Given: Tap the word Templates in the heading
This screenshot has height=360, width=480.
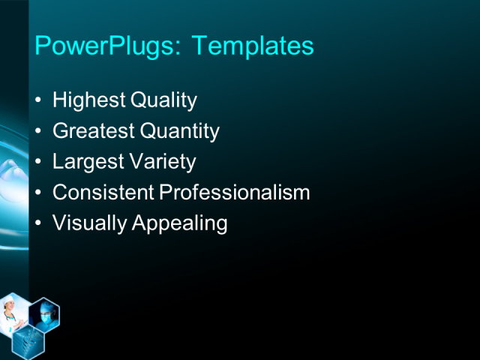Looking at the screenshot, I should point(253,46).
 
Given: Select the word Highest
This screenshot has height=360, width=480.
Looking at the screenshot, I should point(88,100).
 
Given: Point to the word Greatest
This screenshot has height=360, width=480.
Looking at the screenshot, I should point(94,132).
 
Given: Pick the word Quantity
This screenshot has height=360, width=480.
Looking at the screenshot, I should point(180,132).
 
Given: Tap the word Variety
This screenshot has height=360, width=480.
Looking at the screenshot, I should point(162,162).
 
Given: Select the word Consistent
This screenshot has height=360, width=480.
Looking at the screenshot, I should point(103,193).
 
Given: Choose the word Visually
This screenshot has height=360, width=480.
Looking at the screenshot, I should point(88,223).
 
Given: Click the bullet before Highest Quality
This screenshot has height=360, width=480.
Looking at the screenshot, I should point(38,101).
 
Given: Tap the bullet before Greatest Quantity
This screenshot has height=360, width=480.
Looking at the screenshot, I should point(38,132).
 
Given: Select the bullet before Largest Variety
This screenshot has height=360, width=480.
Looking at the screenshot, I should point(38,162).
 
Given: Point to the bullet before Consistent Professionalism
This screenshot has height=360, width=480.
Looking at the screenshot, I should point(38,193).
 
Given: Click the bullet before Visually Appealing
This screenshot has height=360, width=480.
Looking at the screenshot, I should point(38,223).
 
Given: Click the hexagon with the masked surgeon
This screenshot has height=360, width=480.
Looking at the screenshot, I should point(44,316).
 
